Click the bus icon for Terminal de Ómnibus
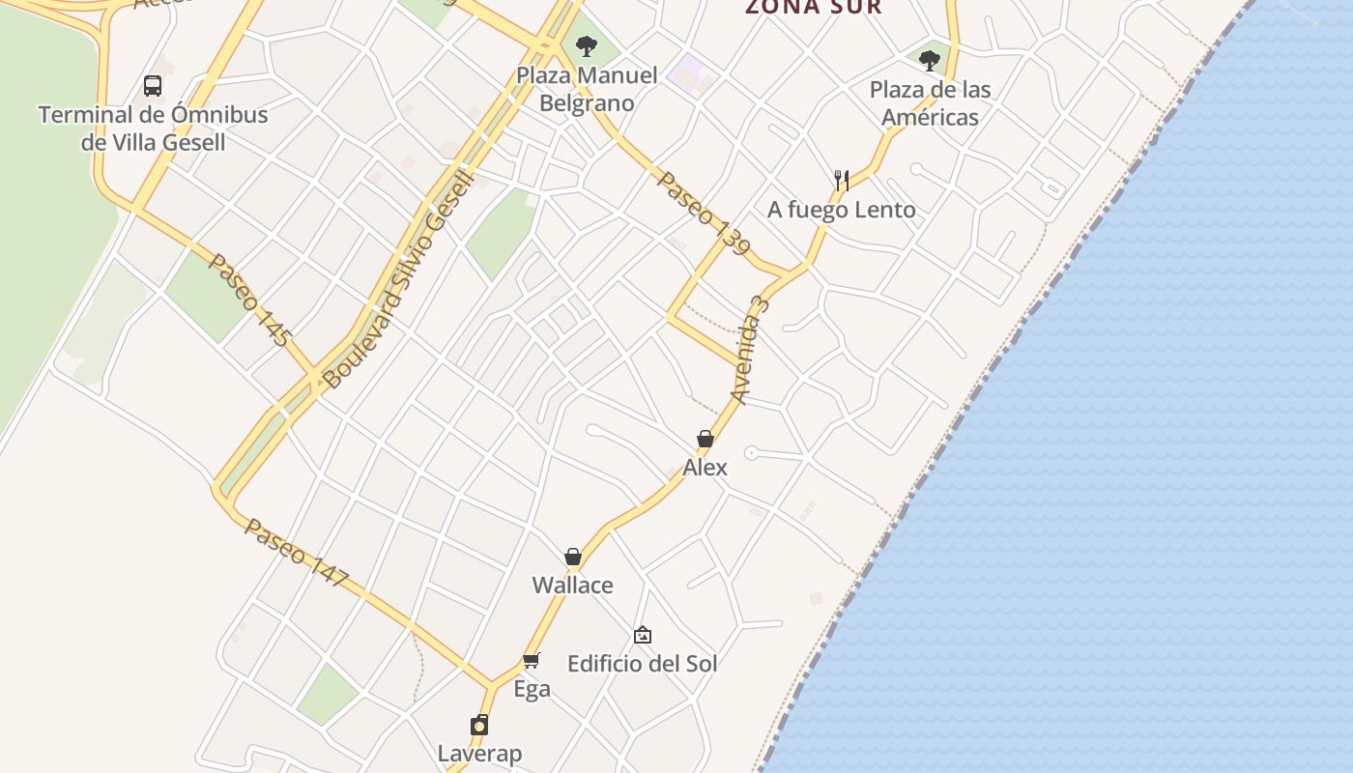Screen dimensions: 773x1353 tap(153, 86)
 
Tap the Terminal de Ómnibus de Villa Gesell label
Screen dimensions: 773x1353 tap(153, 129)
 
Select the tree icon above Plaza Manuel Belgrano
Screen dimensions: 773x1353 tap(586, 45)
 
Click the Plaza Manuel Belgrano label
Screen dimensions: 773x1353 tap(587, 89)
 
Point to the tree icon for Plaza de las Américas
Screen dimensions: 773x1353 tap(930, 61)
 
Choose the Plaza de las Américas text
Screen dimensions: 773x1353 tap(930, 103)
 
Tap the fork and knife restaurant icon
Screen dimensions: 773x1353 tap(842, 180)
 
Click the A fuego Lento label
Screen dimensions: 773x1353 tap(842, 210)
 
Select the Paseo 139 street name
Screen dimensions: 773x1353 tap(704, 214)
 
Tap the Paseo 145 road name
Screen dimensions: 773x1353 tap(249, 301)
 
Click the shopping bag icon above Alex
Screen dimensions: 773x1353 tap(705, 440)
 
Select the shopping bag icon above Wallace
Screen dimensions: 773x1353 tap(573, 558)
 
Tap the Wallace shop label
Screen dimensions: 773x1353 tap(573, 586)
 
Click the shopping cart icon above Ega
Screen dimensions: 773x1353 tap(532, 661)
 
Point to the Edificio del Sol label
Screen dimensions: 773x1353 tap(643, 664)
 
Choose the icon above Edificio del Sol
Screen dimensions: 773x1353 tap(643, 635)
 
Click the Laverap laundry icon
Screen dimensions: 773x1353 tap(479, 726)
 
